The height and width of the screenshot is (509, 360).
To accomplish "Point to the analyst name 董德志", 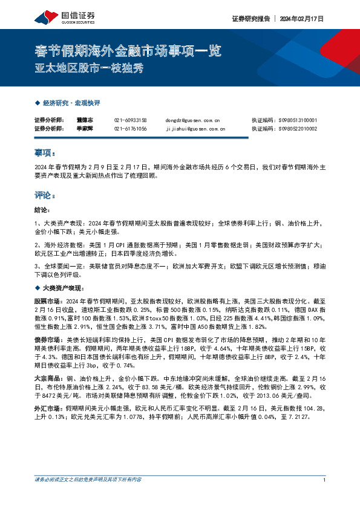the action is point(84,120).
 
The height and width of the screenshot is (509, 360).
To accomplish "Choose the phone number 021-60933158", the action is point(130,120).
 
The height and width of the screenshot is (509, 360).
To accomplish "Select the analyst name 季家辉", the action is point(84,129).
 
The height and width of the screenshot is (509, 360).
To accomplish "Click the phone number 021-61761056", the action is point(130,129).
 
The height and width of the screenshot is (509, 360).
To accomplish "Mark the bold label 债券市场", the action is point(47,340).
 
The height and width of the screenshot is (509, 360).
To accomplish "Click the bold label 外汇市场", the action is point(47,409).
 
